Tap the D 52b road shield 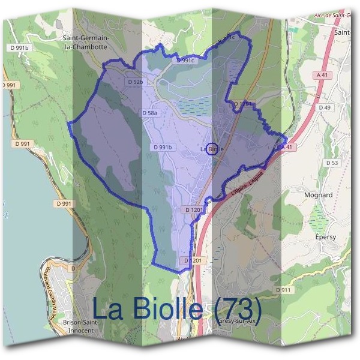[136, 82]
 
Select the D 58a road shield [151, 113]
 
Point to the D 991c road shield [187, 61]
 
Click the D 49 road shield [325, 107]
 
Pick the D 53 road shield [332, 163]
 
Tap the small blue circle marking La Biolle [211, 148]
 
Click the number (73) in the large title [238, 308]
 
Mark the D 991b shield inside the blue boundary [163, 147]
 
